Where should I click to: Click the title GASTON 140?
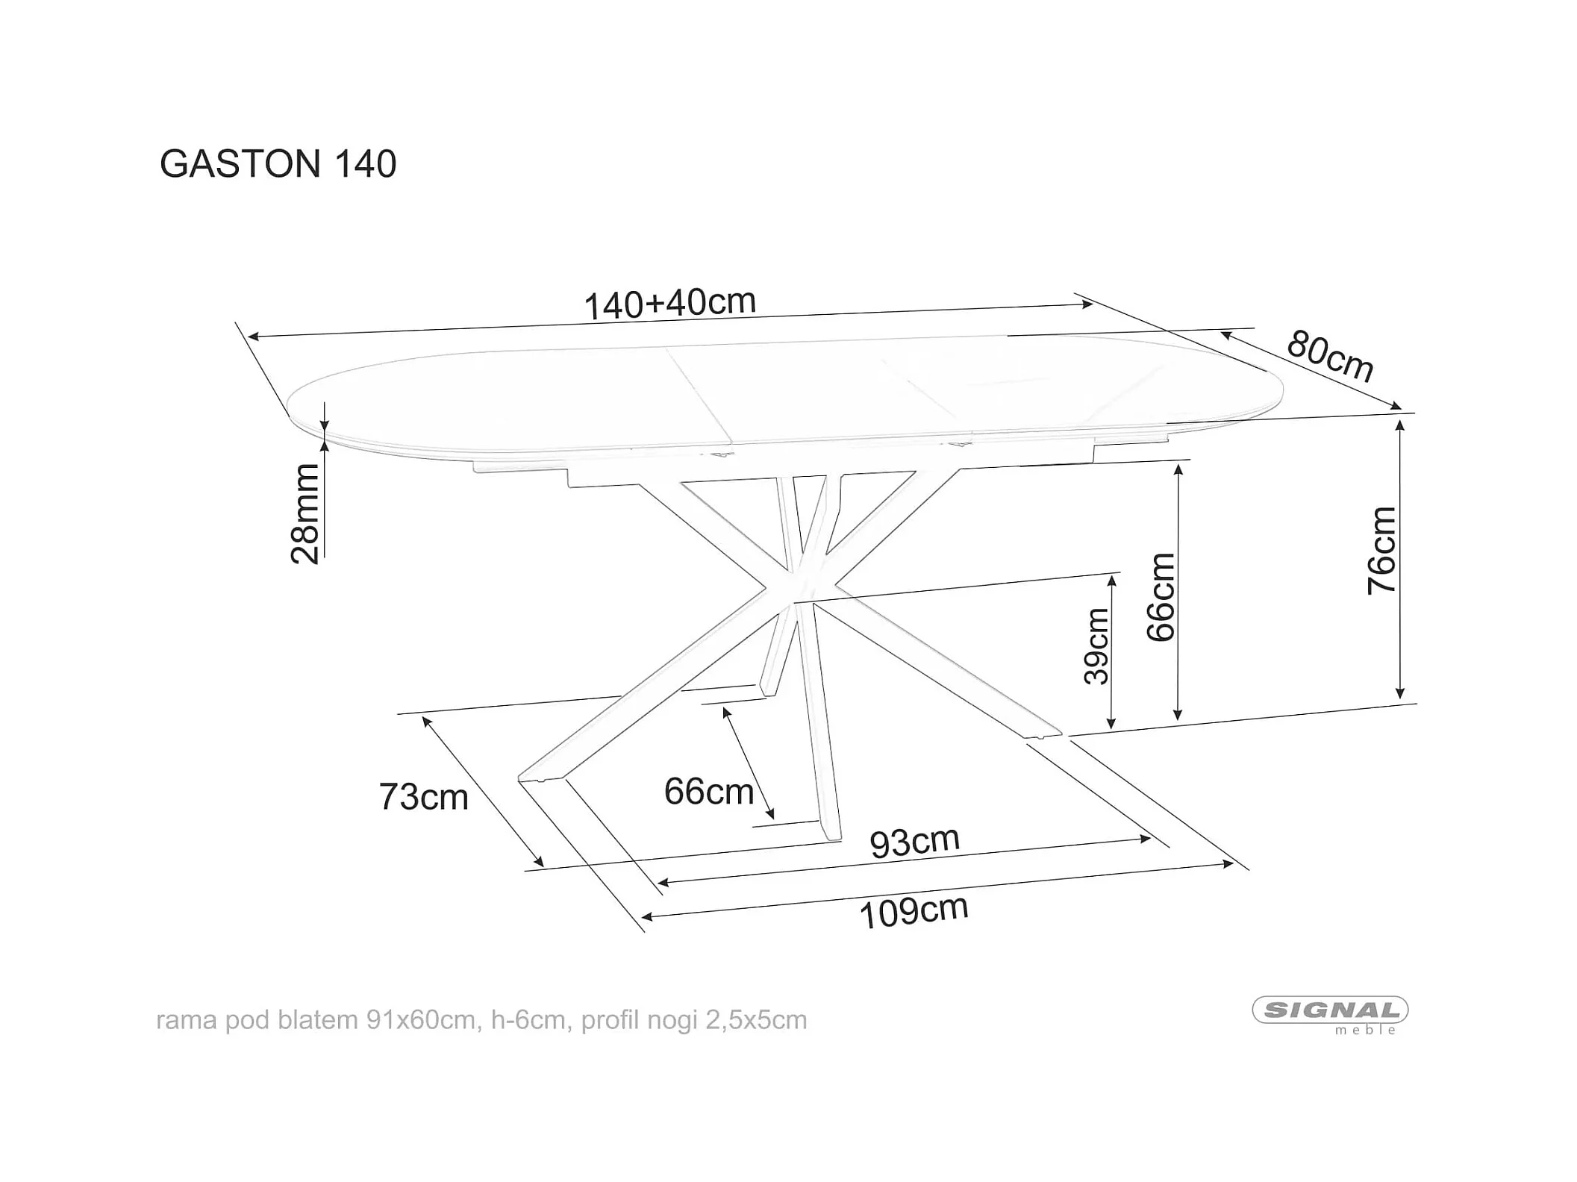pyautogui.click(x=278, y=164)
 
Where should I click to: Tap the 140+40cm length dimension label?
pyautogui.click(x=669, y=304)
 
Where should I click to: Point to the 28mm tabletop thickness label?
pyautogui.click(x=305, y=513)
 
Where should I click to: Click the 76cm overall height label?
pyautogui.click(x=1381, y=551)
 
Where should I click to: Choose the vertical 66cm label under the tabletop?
pyautogui.click(x=1161, y=597)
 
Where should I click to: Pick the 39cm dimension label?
pyautogui.click(x=1097, y=646)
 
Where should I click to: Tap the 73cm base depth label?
pyautogui.click(x=423, y=797)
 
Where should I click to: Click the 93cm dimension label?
pyautogui.click(x=914, y=842)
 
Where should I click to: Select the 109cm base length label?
pyautogui.click(x=914, y=911)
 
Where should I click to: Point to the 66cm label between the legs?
pyautogui.click(x=709, y=792)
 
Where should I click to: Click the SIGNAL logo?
pyautogui.click(x=1330, y=1010)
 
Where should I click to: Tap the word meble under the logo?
pyautogui.click(x=1365, y=1031)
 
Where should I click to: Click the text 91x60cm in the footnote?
pyautogui.click(x=420, y=1020)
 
